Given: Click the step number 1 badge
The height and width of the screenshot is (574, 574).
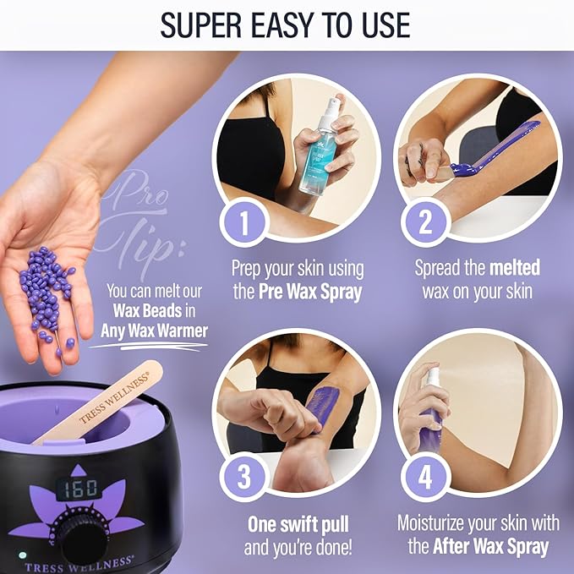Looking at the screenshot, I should click(243, 223).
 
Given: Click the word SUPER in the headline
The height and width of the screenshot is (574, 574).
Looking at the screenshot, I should click(202, 25).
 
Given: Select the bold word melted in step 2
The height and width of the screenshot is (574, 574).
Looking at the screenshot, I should click(514, 268).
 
